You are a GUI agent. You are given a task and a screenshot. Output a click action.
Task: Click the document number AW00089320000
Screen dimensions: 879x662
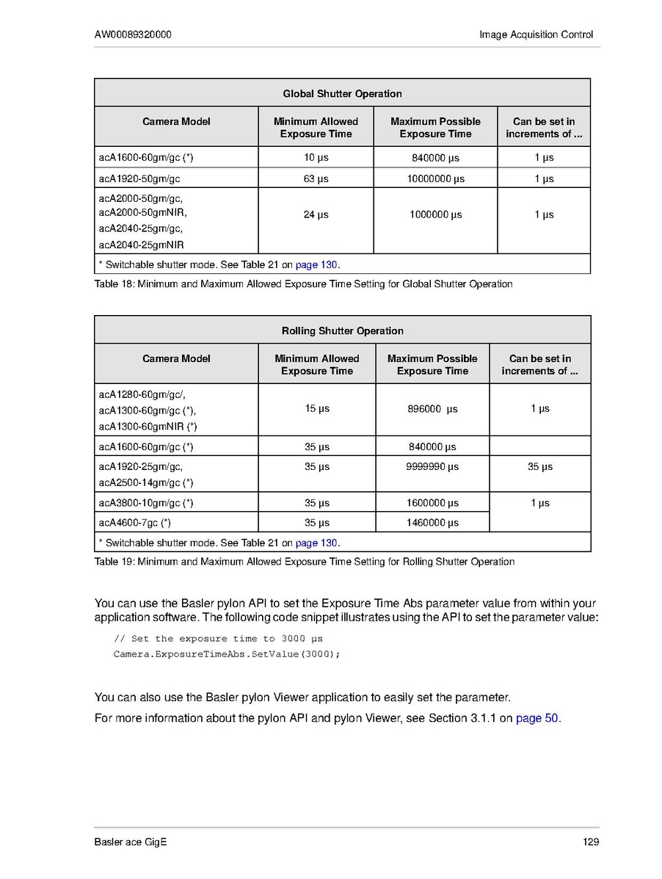click(133, 35)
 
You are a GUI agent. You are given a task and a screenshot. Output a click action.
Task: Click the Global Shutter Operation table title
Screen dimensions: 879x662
click(342, 93)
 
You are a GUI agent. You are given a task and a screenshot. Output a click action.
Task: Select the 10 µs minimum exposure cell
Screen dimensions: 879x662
click(316, 157)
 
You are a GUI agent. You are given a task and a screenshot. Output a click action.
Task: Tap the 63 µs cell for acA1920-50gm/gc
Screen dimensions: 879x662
click(316, 178)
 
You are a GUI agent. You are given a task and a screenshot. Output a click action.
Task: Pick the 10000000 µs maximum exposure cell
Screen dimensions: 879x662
click(435, 178)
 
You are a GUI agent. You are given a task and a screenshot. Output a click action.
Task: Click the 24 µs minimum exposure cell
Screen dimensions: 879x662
click(316, 214)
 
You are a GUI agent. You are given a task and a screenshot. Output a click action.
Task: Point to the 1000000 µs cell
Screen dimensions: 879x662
click(435, 214)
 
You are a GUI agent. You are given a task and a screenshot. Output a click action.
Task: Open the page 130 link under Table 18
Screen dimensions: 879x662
click(316, 264)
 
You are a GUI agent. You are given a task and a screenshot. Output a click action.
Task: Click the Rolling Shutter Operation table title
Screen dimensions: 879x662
click(342, 330)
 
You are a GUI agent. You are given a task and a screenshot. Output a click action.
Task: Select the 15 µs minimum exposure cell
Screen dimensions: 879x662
click(317, 408)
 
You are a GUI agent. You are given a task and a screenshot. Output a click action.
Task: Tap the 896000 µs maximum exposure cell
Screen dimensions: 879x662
click(432, 409)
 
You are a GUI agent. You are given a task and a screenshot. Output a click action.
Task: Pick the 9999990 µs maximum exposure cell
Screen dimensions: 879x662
click(432, 466)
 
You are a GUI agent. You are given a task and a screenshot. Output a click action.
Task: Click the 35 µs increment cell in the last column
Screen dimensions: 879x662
click(540, 466)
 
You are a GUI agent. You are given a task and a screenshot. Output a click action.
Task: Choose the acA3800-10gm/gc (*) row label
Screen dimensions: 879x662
click(146, 503)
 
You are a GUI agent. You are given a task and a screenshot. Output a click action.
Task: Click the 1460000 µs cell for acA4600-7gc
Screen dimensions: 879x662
click(432, 523)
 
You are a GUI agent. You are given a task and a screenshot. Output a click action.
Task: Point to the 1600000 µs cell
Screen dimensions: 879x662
click(432, 503)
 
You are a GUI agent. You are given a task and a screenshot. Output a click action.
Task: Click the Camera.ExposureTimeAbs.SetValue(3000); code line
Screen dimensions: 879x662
click(227, 654)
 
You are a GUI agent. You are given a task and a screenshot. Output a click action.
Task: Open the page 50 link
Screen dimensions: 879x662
click(537, 718)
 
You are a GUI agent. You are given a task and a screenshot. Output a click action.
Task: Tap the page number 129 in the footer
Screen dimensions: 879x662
click(591, 842)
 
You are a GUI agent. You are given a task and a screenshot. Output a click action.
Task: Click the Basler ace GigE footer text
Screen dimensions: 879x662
click(131, 842)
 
